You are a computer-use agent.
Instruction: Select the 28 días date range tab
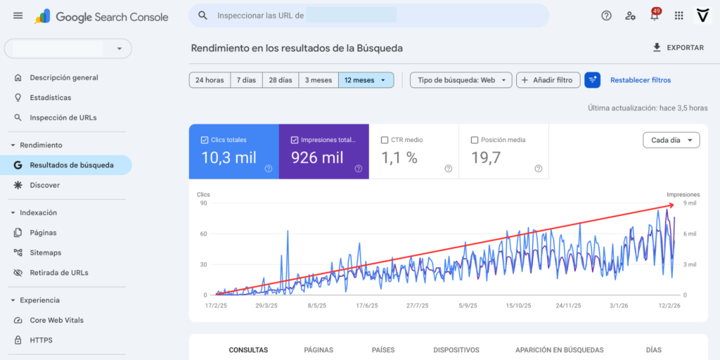tap(280, 80)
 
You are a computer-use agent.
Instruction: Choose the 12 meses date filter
tap(365, 80)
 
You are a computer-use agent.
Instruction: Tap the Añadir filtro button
tap(549, 80)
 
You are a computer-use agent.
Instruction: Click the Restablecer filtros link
tap(640, 80)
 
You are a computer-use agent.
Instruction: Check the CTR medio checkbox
tap(384, 140)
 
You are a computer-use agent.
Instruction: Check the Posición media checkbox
tap(475, 140)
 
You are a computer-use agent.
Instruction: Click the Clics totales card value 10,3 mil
tap(229, 158)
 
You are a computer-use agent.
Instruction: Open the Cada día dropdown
tap(671, 140)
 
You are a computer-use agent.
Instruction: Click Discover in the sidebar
tap(44, 185)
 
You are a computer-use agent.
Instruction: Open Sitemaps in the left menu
tap(45, 252)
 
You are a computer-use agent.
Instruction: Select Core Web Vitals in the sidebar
tap(56, 320)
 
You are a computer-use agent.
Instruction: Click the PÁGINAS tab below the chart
tap(319, 349)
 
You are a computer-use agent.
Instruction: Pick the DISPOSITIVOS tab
tap(456, 349)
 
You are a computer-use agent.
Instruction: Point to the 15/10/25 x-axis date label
tap(517, 306)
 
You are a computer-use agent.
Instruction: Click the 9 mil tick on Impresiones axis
tap(690, 203)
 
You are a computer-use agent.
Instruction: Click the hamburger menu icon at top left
tap(18, 15)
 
